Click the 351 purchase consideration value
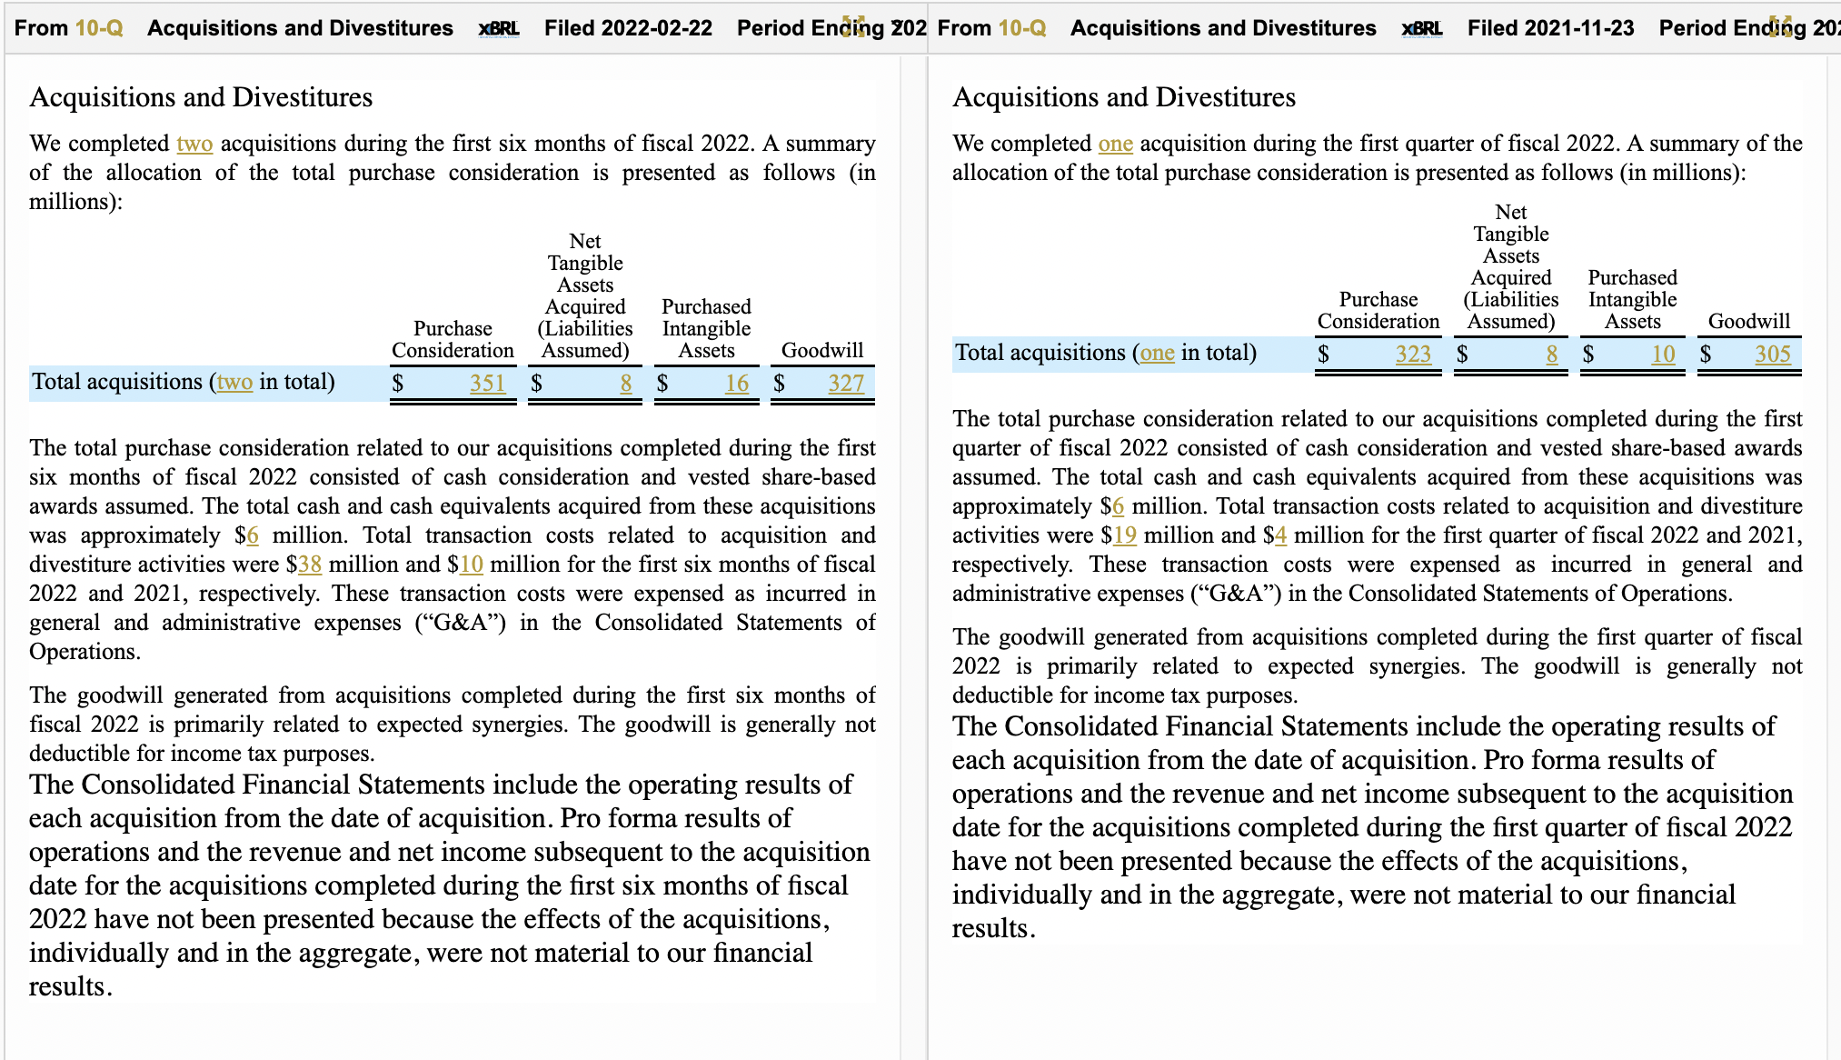point(487,384)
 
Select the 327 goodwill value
point(846,384)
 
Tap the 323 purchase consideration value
point(1413,355)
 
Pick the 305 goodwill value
point(1772,355)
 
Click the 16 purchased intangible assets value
point(737,384)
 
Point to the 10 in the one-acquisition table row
point(1663,355)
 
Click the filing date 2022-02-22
point(656,28)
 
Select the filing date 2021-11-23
point(1579,28)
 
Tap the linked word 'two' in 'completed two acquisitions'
point(194,144)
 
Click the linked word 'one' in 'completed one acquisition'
point(1115,144)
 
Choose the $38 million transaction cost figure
point(310,565)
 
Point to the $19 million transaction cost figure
point(1125,535)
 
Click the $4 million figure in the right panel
point(1280,535)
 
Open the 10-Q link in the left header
point(99,28)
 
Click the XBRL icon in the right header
point(1422,28)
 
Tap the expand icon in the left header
point(853,26)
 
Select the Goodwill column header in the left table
point(822,351)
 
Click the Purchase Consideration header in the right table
point(1378,311)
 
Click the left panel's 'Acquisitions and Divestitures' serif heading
point(201,97)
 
